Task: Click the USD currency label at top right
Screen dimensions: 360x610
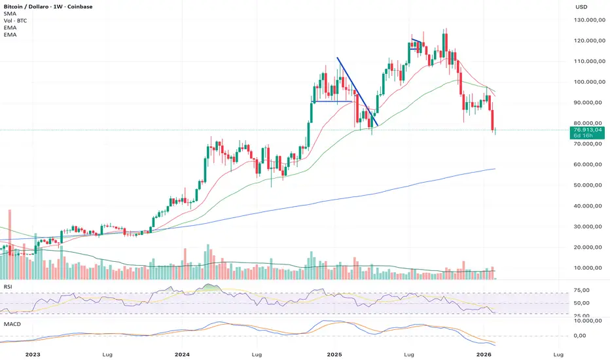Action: [581, 7]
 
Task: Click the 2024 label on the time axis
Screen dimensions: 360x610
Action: [183, 354]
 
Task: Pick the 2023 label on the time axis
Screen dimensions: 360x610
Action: [30, 354]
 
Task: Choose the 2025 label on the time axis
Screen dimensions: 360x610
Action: [334, 354]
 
